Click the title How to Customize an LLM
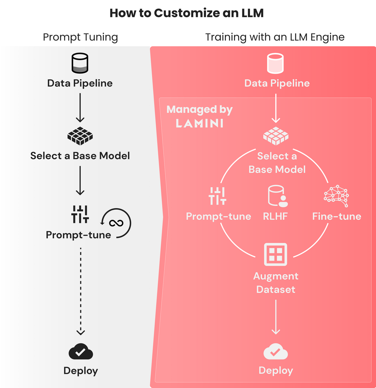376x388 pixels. coord(187,13)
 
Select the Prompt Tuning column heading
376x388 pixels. coord(80,37)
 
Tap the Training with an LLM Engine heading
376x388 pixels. coord(275,37)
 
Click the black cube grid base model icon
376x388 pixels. coord(80,136)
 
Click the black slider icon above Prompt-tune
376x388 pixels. coord(80,214)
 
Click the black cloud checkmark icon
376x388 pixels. coord(80,353)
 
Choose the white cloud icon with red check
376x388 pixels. coord(275,353)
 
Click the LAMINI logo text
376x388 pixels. coord(199,123)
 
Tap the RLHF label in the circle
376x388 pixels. coord(275,216)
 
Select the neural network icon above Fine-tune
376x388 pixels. coord(336,194)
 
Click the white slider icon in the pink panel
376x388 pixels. coord(217,196)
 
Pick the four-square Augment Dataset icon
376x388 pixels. coord(275,254)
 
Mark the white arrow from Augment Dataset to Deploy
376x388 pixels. coord(275,316)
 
